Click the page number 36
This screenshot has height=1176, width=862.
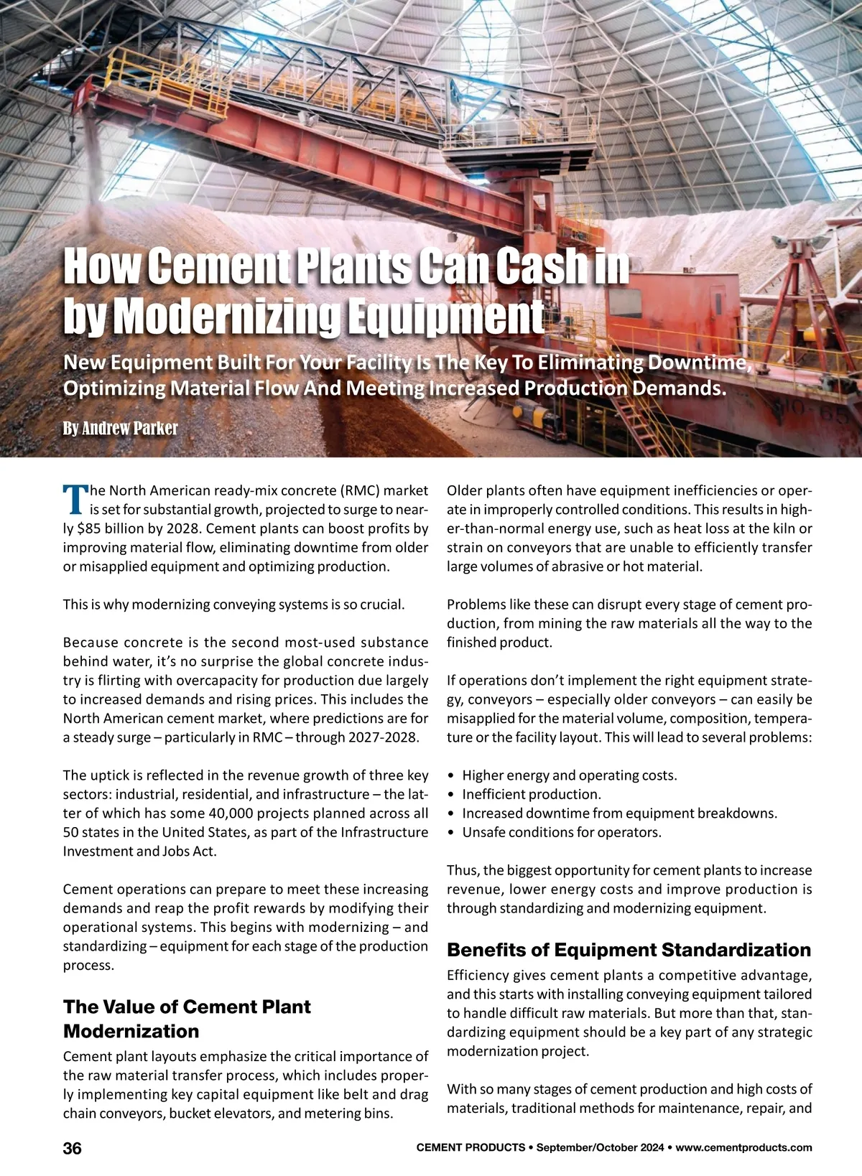point(73,1148)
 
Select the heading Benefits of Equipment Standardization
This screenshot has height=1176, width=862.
point(629,950)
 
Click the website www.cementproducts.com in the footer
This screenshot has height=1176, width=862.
point(743,1148)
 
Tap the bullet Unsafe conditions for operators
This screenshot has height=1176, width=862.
point(561,832)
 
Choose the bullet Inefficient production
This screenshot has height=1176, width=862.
point(531,794)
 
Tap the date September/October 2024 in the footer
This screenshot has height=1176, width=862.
point(600,1148)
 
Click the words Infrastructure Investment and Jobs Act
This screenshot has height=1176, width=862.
point(244,841)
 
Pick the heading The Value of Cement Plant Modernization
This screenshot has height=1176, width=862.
point(187,1019)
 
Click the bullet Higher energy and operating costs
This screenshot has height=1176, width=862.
point(569,775)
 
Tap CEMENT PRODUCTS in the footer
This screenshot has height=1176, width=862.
point(471,1148)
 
